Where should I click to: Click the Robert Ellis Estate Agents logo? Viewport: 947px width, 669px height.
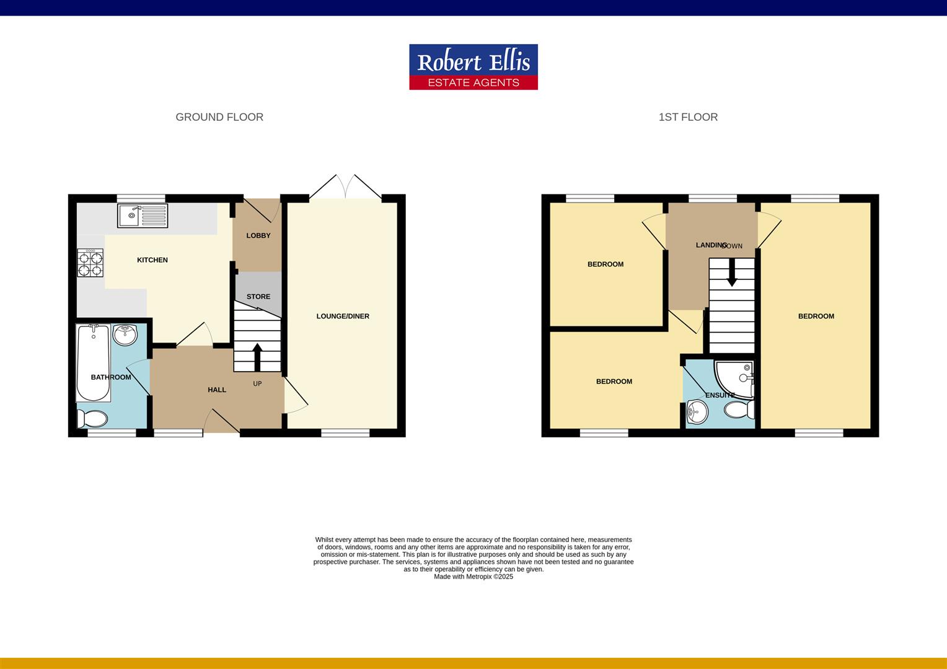[x=473, y=67]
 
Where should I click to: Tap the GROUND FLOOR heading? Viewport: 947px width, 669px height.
[x=219, y=117]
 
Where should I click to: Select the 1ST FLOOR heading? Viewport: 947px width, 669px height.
[x=688, y=117]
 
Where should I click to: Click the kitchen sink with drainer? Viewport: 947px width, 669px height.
[x=142, y=216]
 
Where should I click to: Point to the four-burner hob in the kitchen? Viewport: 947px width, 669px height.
[x=90, y=263]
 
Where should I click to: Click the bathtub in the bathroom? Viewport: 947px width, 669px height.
[x=93, y=362]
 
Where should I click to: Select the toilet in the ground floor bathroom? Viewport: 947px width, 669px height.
[x=92, y=419]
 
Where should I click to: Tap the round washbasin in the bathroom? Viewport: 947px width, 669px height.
[x=125, y=334]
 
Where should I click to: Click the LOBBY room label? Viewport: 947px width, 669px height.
[x=258, y=235]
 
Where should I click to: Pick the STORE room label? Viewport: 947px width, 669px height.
[x=258, y=297]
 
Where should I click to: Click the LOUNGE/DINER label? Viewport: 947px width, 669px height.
[x=343, y=316]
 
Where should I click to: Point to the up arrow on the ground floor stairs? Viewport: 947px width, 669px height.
[x=257, y=357]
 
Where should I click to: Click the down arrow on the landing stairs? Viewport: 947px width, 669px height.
[x=732, y=273]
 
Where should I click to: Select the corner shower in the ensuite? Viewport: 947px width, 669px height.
[x=736, y=377]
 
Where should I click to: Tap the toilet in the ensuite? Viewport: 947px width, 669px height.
[x=739, y=409]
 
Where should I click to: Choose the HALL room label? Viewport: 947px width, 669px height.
[x=217, y=390]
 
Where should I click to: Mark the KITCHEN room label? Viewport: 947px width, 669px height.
[x=152, y=260]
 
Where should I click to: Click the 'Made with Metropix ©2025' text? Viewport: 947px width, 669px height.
[x=474, y=577]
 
